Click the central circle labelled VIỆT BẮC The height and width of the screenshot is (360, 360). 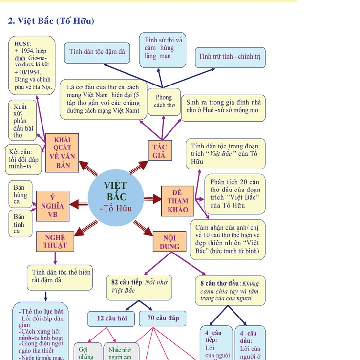[x=116, y=198]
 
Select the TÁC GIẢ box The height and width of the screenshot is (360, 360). [x=159, y=151]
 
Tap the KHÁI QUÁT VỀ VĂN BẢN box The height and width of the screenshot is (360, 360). [x=62, y=153]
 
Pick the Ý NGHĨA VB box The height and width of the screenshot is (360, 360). [x=52, y=206]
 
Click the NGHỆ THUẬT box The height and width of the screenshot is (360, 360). [x=55, y=241]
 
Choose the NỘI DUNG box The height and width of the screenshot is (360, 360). [x=169, y=242]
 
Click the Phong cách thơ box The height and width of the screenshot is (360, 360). [x=164, y=102]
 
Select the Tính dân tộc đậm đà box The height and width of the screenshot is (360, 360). [x=100, y=52]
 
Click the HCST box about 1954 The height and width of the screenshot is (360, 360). [x=32, y=65]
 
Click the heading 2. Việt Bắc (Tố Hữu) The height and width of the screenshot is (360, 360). [x=51, y=21]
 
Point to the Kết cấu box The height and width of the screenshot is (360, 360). [x=23, y=159]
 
